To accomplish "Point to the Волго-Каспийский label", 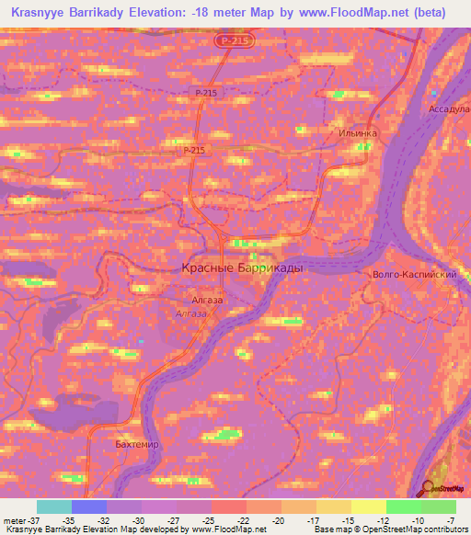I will (411, 274).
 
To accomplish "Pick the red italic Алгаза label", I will (191, 313).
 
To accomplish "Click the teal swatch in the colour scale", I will (53, 507).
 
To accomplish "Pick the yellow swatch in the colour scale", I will (368, 507).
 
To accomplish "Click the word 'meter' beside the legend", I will (14, 519).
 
